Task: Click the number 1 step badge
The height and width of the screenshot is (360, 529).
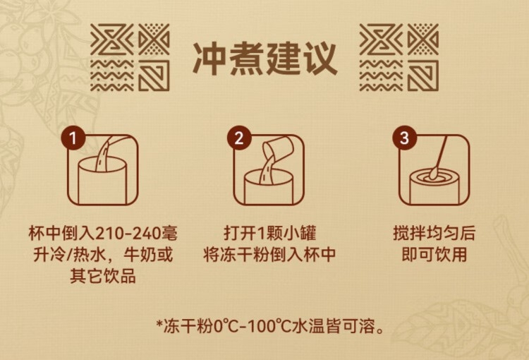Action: tap(73, 138)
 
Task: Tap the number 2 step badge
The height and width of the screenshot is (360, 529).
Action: tap(239, 138)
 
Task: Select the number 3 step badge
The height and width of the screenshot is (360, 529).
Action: tap(405, 138)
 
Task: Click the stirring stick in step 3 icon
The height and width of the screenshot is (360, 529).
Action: tap(439, 156)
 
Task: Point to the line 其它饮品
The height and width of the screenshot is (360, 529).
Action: tap(103, 275)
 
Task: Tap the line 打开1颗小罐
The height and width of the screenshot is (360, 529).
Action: tap(270, 233)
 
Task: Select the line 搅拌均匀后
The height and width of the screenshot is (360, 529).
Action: tap(434, 233)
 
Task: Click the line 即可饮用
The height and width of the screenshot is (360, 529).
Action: tap(434, 254)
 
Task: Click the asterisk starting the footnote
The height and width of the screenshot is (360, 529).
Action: tap(159, 324)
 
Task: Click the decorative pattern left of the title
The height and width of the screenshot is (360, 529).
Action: tap(130, 57)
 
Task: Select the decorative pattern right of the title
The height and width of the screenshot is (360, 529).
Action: tap(399, 57)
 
